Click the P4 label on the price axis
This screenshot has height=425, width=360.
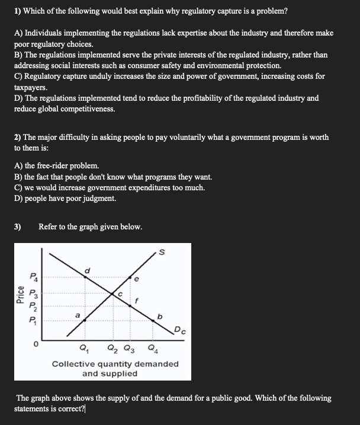coord(34,276)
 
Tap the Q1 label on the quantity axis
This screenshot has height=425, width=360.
coord(84,348)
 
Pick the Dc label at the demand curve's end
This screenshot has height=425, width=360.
coord(180,330)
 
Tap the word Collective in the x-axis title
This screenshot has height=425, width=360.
coord(74,363)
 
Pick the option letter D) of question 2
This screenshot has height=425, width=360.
coord(18,198)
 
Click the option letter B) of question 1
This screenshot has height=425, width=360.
coord(18,55)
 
